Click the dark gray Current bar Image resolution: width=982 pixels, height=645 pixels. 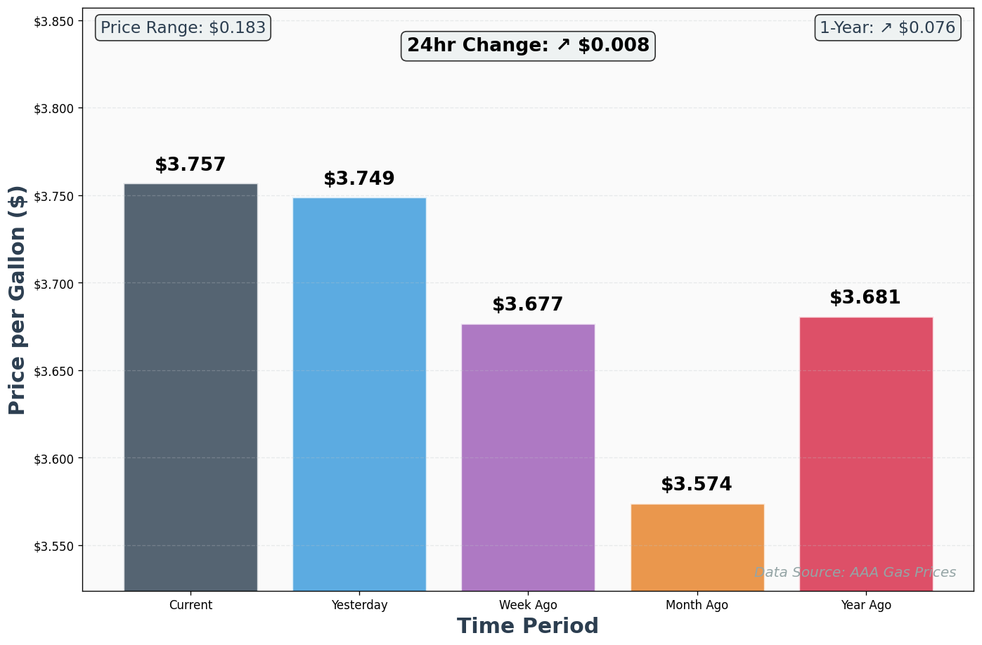pos(190,386)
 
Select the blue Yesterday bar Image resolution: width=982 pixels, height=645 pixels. pos(359,393)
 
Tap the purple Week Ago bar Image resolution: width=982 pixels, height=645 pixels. pos(528,457)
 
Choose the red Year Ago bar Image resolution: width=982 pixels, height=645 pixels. pos(866,453)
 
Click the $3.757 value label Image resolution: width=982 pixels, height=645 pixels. pos(190,165)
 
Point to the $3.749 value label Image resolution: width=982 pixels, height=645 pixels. pos(359,179)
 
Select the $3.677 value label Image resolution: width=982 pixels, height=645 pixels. pos(528,305)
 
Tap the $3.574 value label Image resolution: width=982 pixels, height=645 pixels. pos(697,485)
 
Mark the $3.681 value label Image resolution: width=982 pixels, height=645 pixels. pos(865,298)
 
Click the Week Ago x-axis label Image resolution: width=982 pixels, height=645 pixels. pos(528,605)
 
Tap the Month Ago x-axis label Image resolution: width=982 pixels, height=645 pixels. pos(697,605)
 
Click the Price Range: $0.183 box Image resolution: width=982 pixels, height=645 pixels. pos(183,28)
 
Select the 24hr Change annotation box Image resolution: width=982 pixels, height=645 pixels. pos(528,46)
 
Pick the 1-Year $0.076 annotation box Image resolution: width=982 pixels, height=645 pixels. pos(887,28)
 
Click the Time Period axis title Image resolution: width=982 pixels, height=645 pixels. pos(528,626)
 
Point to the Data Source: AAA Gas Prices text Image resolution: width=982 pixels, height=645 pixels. pos(855,573)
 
